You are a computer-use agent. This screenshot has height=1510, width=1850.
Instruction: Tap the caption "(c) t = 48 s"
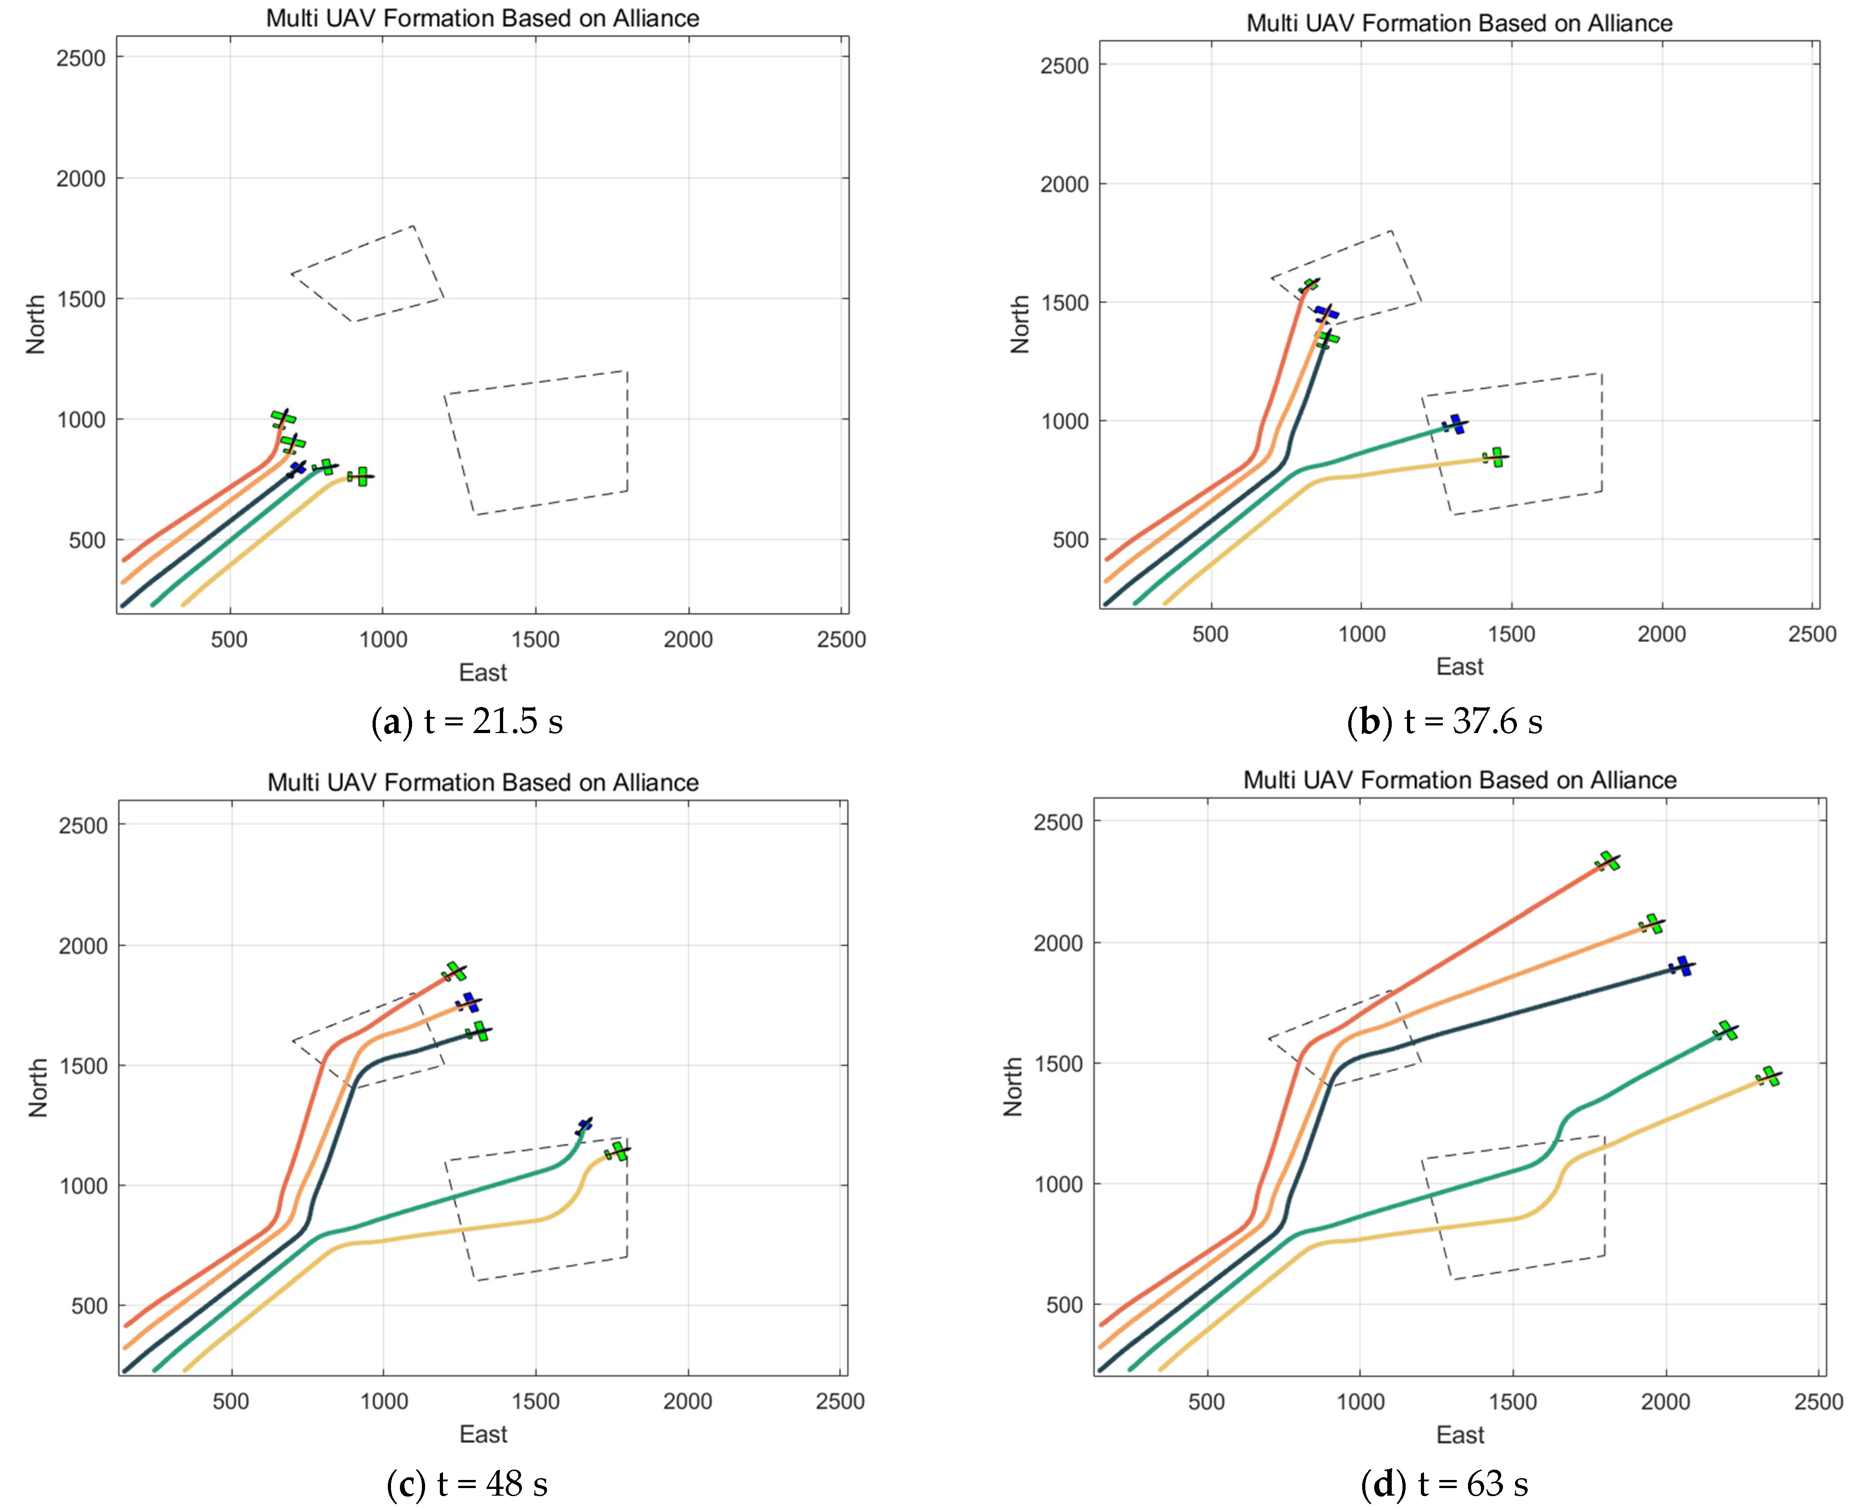pyautogui.click(x=467, y=1484)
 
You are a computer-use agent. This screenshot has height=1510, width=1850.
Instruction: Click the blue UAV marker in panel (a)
pyautogui.click(x=298, y=469)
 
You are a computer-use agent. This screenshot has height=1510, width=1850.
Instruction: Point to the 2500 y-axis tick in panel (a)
pyautogui.click(x=80, y=58)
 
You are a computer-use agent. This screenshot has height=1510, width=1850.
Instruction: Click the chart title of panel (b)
pyautogui.click(x=1459, y=23)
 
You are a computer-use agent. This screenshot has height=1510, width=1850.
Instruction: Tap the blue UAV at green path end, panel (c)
pyautogui.click(x=583, y=1127)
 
